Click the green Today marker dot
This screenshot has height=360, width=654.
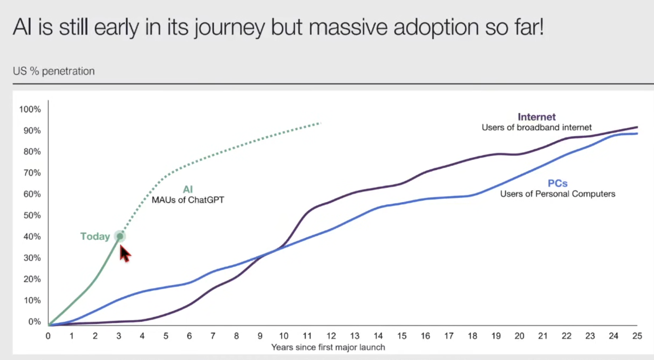tap(120, 236)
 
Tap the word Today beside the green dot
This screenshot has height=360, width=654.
tap(95, 236)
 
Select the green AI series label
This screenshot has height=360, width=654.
tap(188, 189)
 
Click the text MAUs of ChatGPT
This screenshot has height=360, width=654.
tap(188, 200)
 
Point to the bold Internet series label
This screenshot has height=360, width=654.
tap(536, 117)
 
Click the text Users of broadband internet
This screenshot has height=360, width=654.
tap(536, 127)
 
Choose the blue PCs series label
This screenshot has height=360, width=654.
tap(557, 184)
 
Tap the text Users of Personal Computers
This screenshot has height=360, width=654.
tap(557, 194)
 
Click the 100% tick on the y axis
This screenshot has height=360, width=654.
tap(30, 109)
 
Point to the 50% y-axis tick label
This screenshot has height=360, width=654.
tap(32, 215)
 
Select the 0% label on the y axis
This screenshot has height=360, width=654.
tap(34, 322)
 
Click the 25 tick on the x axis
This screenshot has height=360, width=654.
tap(637, 336)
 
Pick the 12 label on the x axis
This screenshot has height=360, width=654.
tap(331, 336)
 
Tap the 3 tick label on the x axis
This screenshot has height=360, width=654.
tap(119, 336)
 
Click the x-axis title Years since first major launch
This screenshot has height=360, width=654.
tap(328, 347)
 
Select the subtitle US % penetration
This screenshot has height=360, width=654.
tap(54, 71)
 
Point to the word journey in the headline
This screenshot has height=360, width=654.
tap(229, 28)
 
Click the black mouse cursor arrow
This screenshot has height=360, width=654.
tap(125, 254)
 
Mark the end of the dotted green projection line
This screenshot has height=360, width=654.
tap(320, 123)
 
